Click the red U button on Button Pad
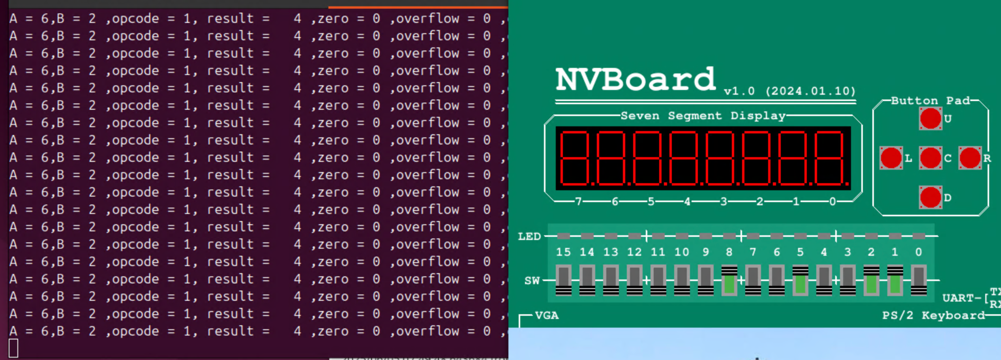(x=930, y=118)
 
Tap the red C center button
(x=930, y=158)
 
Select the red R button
(x=970, y=158)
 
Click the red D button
(x=930, y=197)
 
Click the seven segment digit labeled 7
(x=575, y=158)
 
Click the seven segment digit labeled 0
(x=829, y=158)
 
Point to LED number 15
(x=563, y=236)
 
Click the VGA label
(x=547, y=315)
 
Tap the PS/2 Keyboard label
(x=934, y=315)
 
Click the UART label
(x=961, y=298)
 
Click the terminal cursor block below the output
(x=13, y=348)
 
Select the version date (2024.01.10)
(x=810, y=91)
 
